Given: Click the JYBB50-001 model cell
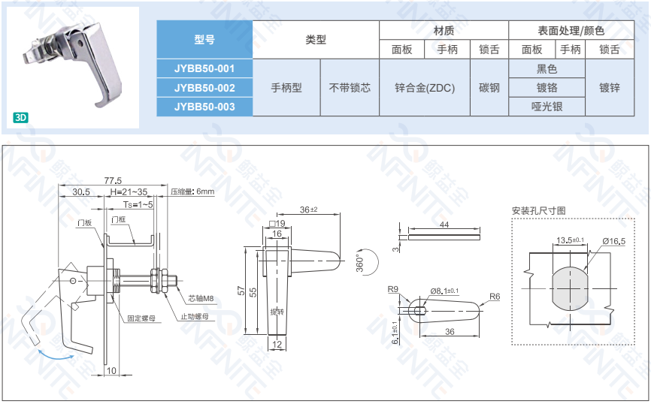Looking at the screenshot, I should pos(204,68).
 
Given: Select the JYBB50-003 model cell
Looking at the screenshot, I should pos(204,107).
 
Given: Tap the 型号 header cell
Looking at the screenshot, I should pos(204,40).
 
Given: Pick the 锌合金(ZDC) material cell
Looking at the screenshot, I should pos(425,88).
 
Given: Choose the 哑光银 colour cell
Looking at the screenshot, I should pos(547,107).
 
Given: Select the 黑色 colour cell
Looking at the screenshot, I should pos(547,68).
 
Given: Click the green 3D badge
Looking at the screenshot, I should pos(20,117).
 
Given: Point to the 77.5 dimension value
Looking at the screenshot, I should pos(114,180).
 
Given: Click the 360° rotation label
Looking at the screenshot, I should pos(359,264).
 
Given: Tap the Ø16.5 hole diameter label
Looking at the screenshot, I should pos(613,240).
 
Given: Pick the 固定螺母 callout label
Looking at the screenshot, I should pos(141,318).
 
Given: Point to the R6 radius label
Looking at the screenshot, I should pos(494,297).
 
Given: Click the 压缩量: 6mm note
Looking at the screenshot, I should pos(192,192).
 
